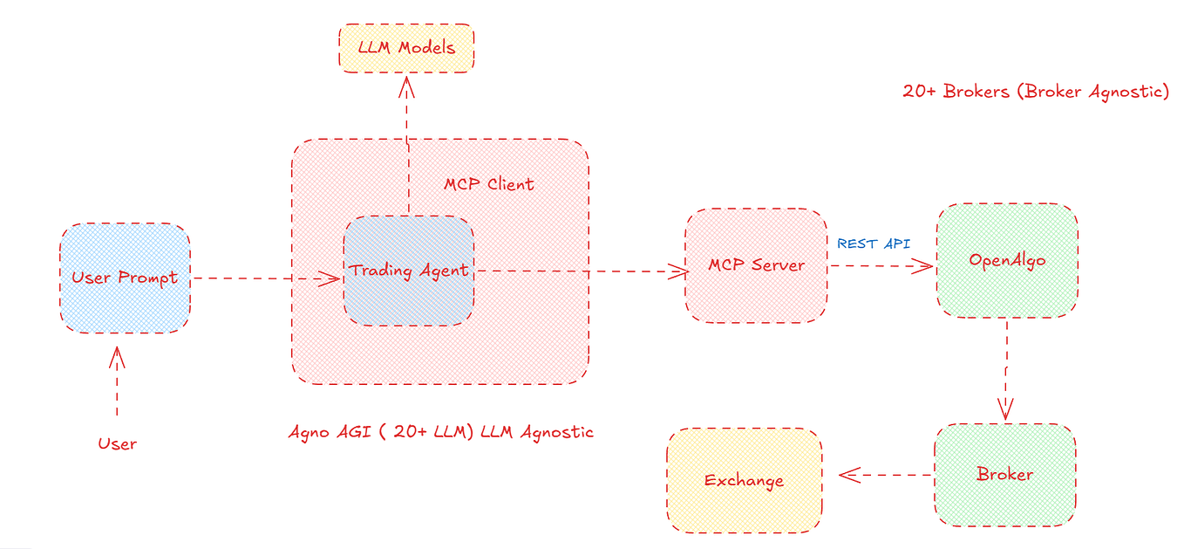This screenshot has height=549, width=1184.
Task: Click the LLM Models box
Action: pos(406,47)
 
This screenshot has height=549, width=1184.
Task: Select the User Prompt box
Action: pos(125,278)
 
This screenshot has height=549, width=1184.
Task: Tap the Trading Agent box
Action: pos(409,271)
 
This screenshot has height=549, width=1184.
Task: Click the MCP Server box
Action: pos(756,265)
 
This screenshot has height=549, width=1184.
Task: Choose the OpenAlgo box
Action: pos(1007,260)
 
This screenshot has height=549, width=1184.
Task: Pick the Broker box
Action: pos(1004,475)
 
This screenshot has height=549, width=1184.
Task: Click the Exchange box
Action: pos(744,480)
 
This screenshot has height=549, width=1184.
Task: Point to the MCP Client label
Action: pos(488,184)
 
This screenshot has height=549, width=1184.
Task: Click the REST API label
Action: pos(874,244)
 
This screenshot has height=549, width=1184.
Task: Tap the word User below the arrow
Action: pos(117,443)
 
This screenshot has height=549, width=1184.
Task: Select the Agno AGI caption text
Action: pos(440,431)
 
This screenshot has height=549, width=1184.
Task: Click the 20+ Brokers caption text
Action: pos(1035,92)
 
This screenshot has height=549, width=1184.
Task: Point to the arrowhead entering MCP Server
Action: pos(679,271)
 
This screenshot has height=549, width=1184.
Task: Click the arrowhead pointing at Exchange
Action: pos(848,475)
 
